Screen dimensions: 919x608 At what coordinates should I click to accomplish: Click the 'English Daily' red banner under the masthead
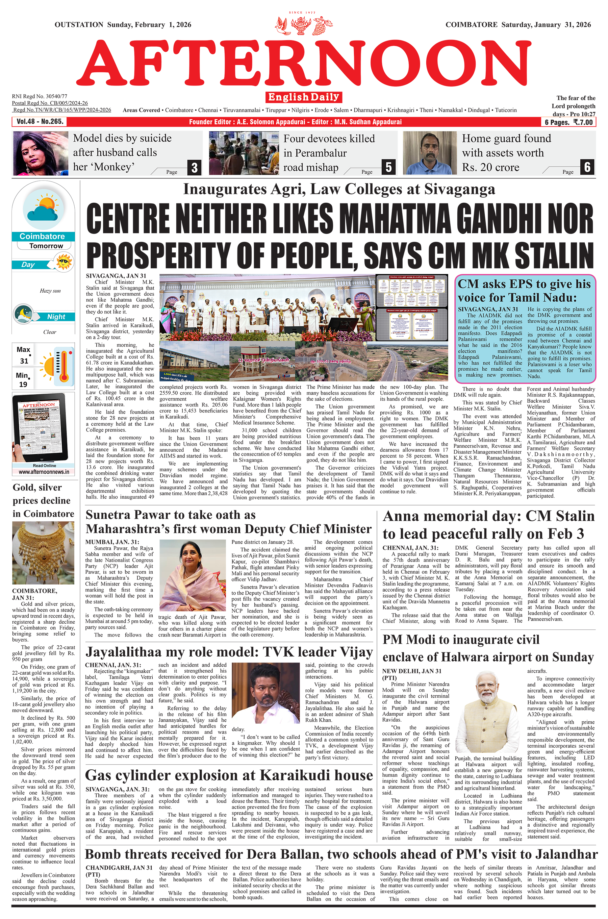pos(304,97)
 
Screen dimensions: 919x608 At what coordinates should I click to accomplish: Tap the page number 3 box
pos(195,168)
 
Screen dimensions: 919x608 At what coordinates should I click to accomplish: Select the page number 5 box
pos(388,167)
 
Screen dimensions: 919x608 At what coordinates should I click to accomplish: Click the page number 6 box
pos(587,167)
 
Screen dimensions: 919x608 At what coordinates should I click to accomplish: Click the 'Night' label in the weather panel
pos(56,317)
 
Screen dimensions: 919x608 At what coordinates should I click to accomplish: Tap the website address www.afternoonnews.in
pos(44,472)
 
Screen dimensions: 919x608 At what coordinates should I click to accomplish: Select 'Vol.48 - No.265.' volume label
pos(40,122)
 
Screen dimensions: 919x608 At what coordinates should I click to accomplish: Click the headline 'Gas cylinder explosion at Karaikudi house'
pos(229,775)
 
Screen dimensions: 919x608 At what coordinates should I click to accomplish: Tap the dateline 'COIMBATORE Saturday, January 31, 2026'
pos(518,25)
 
